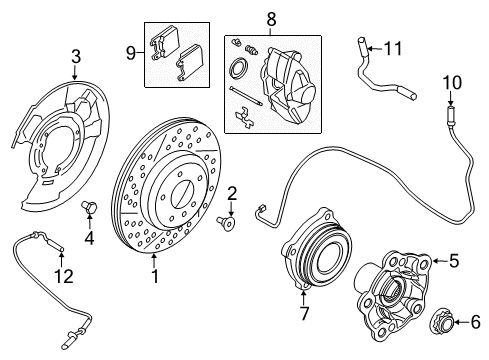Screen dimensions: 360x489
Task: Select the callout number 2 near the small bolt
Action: point(231,193)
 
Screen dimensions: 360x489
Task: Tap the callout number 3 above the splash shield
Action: point(74,56)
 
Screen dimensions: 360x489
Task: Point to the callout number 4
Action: point(88,238)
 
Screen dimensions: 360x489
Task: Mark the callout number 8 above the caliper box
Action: point(269,17)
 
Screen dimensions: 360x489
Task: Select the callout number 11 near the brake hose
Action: point(393,46)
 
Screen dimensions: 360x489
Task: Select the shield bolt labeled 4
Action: point(86,207)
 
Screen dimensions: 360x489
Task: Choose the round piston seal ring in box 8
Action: point(239,71)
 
